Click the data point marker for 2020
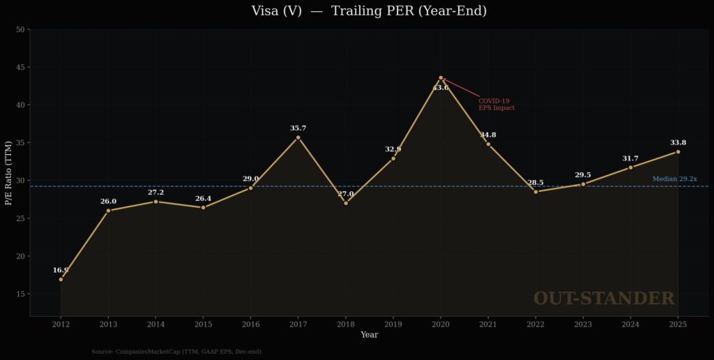pyautogui.click(x=441, y=77)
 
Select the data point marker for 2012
pyautogui.click(x=61, y=279)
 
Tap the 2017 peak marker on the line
pyautogui.click(x=298, y=137)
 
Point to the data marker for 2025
pyautogui.click(x=678, y=151)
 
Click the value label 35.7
pyautogui.click(x=298, y=128)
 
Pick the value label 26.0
pyautogui.click(x=108, y=202)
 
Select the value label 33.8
pyautogui.click(x=678, y=142)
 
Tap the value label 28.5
pyautogui.click(x=535, y=183)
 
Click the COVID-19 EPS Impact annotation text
pyautogui.click(x=496, y=105)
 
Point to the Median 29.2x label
pyautogui.click(x=674, y=179)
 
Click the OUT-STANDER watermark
pyautogui.click(x=604, y=299)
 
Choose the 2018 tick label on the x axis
pyautogui.click(x=346, y=324)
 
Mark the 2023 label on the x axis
pyautogui.click(x=583, y=324)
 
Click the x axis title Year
pyautogui.click(x=370, y=335)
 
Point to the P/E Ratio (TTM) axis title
pyautogui.click(x=9, y=172)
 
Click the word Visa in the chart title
pyautogui.click(x=267, y=11)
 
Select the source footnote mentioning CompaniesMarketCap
pyautogui.click(x=176, y=352)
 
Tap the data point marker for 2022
pyautogui.click(x=535, y=191)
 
